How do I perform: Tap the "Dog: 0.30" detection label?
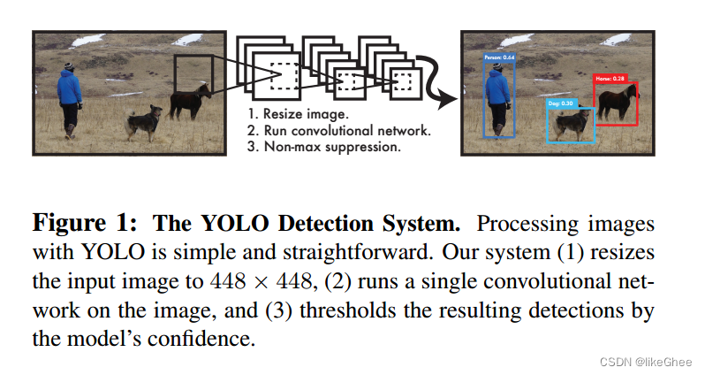(561, 103)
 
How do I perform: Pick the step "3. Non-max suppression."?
(324, 146)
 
